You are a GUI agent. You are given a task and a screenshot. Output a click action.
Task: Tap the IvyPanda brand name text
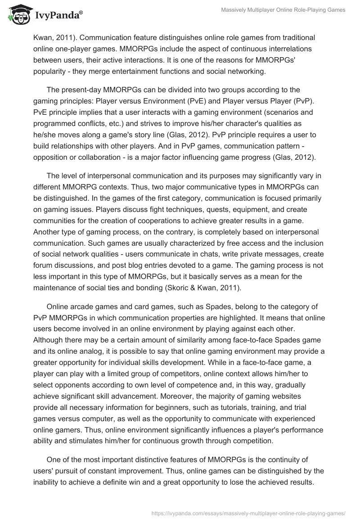(58, 15)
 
